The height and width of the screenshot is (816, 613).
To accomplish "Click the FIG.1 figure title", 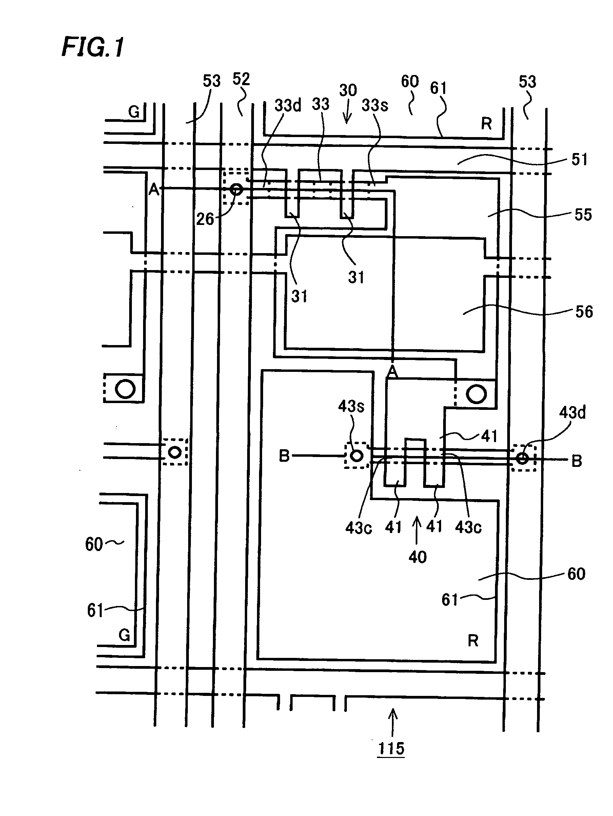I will [x=93, y=47].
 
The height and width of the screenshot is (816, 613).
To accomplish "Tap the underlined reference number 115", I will [x=391, y=749].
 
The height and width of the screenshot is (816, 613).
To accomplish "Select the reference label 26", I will [x=205, y=219].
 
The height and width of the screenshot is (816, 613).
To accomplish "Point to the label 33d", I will [x=288, y=106].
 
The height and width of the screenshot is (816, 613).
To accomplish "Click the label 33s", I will [x=375, y=106].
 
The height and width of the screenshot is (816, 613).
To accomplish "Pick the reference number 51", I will [x=579, y=159].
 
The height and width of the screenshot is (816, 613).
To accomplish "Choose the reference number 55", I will [x=583, y=215].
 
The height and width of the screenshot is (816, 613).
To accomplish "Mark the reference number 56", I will [x=584, y=312].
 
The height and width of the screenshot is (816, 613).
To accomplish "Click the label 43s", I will [x=351, y=406].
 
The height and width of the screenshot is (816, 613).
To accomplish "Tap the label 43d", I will [x=572, y=413].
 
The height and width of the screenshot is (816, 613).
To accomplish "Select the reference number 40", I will [x=417, y=557].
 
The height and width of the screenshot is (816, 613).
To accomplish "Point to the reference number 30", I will [x=348, y=90].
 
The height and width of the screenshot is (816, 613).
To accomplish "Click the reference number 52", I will [x=241, y=79].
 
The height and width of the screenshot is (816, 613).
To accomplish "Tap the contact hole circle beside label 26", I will [x=236, y=189].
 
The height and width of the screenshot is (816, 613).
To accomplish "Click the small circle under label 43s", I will [x=356, y=456].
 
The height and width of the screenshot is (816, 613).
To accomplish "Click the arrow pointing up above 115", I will [x=393, y=721].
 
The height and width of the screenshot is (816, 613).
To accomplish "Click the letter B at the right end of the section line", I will [x=576, y=461].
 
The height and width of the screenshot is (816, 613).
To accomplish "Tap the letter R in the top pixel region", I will [x=486, y=124].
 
